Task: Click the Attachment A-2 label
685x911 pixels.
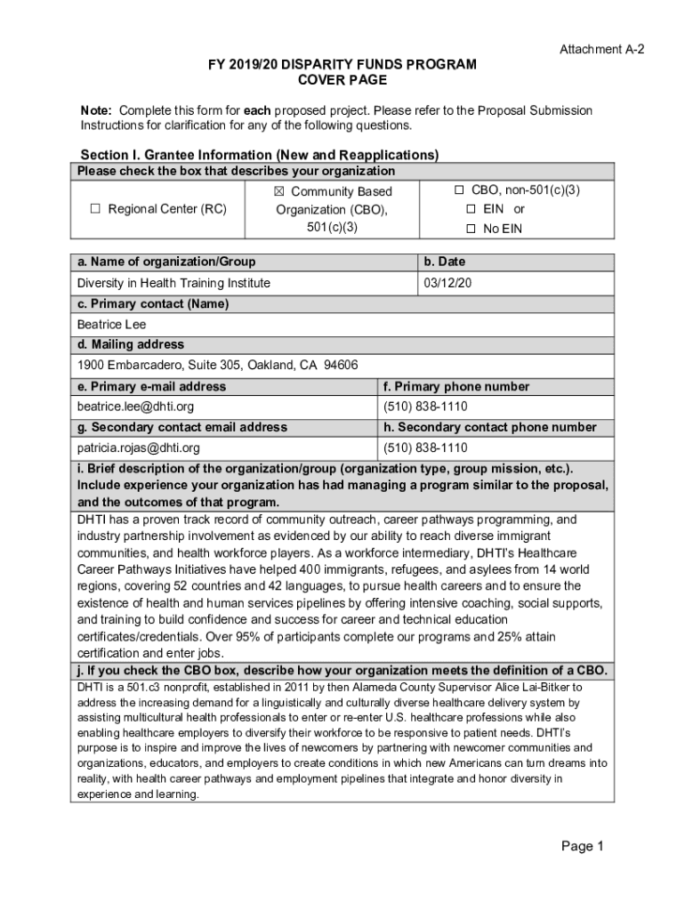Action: (601, 50)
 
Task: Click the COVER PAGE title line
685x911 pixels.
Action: (342, 81)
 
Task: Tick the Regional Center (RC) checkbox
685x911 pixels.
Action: (95, 210)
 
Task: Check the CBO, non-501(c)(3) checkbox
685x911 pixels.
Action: (459, 190)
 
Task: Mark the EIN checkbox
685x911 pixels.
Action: (471, 209)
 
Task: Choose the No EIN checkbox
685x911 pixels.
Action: (471, 229)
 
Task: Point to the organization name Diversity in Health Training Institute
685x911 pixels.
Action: (173, 283)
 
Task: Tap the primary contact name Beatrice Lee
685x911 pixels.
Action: (111, 325)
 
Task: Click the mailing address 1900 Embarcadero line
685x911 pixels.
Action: (217, 366)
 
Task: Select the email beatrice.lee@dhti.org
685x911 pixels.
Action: (135, 407)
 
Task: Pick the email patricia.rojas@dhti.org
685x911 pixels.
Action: (138, 447)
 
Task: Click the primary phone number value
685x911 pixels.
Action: (425, 407)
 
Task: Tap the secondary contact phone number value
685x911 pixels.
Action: (425, 447)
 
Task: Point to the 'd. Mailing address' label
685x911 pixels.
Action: (131, 344)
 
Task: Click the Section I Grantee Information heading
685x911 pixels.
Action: (259, 155)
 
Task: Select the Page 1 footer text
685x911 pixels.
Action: (582, 846)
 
